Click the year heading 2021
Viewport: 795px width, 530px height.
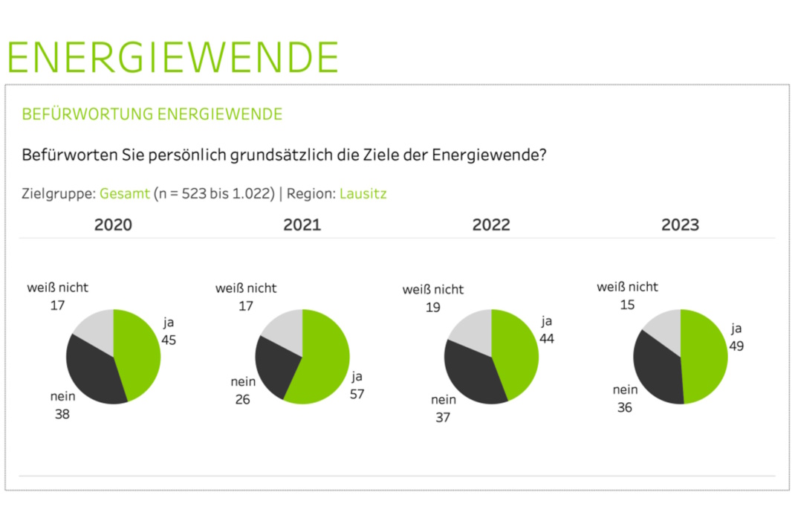[302, 224]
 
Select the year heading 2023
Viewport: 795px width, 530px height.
[680, 224]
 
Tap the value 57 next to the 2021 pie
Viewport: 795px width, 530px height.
[357, 394]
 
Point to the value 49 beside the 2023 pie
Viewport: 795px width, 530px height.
[736, 346]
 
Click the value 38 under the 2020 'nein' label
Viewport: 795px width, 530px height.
[62, 414]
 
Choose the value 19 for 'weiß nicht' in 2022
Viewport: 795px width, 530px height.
[433, 307]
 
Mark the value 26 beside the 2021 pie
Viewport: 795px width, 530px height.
[242, 399]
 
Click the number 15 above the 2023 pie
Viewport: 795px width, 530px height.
[627, 305]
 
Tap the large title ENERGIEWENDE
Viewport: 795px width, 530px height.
[172, 56]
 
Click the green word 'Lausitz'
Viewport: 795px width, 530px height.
[363, 194]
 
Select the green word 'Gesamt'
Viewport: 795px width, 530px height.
[125, 194]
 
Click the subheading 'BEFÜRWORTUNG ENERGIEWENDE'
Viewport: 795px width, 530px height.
[152, 114]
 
